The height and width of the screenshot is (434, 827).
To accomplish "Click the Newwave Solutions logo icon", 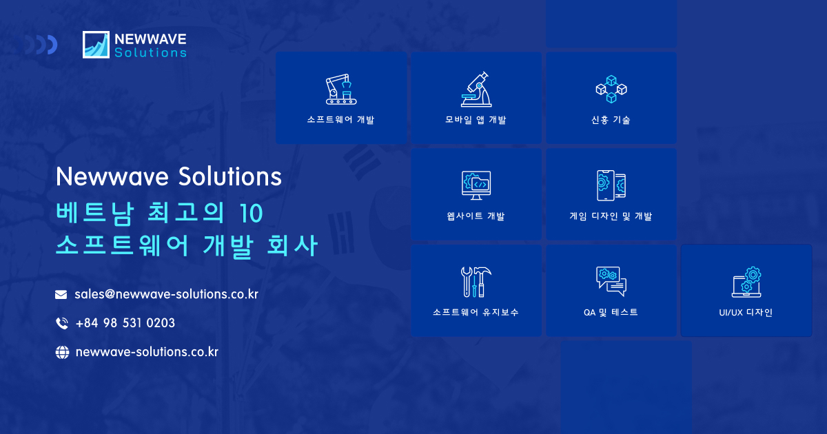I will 96,44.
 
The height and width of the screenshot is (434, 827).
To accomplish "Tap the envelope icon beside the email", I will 61,295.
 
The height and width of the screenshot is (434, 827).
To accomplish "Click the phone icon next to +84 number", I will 61,323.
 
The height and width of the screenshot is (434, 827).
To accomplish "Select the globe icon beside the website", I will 62,352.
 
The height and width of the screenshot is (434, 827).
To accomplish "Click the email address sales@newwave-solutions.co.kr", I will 166,294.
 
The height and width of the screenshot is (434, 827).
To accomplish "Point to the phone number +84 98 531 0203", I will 125,323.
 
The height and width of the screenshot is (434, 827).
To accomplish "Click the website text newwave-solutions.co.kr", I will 147,352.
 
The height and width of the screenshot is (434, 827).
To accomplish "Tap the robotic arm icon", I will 340,90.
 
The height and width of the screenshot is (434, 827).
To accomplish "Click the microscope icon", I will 476,90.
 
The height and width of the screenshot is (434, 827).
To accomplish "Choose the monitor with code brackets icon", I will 476,185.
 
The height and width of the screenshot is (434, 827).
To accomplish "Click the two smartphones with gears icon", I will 611,185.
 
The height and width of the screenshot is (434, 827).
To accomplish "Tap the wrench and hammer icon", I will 476,282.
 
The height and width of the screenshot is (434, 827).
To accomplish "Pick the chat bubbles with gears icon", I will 611,281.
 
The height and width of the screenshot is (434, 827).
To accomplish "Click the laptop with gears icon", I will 746,282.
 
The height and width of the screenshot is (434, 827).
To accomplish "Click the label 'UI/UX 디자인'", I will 746,313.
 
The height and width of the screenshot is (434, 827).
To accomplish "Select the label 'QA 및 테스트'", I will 611,312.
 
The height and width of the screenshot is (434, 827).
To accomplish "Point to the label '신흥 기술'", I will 611,120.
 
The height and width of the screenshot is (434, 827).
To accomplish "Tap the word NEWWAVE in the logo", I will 150,39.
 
